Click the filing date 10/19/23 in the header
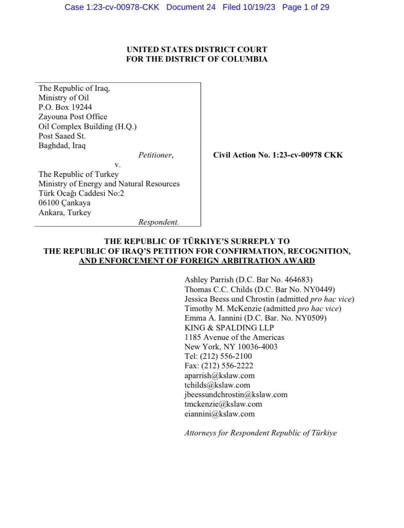pyautogui.click(x=260, y=7)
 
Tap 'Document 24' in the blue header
pyautogui.click(x=191, y=7)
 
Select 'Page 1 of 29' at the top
pyautogui.click(x=306, y=7)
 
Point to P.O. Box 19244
pyautogui.click(x=65, y=107)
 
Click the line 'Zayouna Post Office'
pyautogui.click(x=73, y=117)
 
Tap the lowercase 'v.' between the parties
pyautogui.click(x=117, y=165)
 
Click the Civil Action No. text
pyautogui.click(x=278, y=155)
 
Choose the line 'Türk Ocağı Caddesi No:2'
pyautogui.click(x=81, y=193)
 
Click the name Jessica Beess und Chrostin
pyautogui.click(x=229, y=299)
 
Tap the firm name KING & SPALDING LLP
pyautogui.click(x=229, y=327)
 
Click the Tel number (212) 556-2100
pyautogui.click(x=226, y=356)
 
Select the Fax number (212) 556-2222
pyautogui.click(x=227, y=366)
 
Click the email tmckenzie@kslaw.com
pyautogui.click(x=223, y=404)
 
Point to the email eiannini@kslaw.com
pyautogui.click(x=220, y=414)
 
